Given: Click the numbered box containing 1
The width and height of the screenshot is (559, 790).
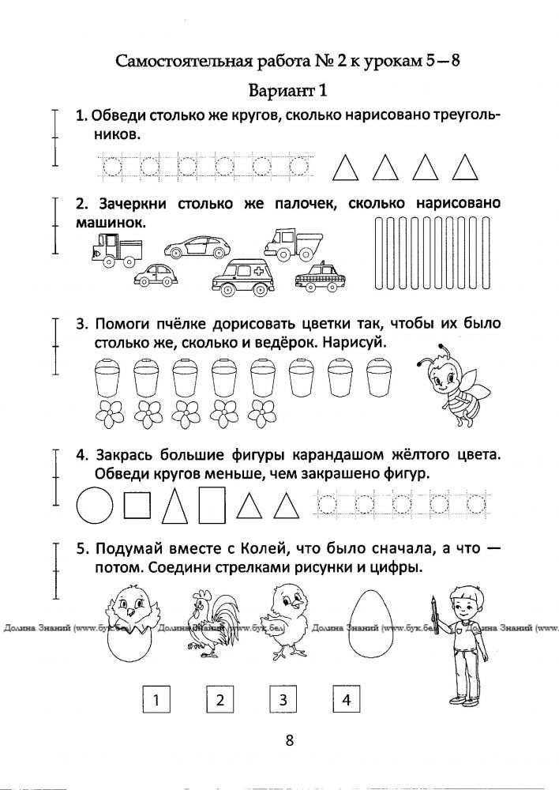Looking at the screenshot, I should [x=157, y=699].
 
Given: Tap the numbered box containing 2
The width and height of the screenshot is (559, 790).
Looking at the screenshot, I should [x=220, y=699].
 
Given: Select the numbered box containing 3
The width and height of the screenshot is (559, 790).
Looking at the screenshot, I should [x=283, y=699].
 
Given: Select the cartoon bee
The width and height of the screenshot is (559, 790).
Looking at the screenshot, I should [x=446, y=383].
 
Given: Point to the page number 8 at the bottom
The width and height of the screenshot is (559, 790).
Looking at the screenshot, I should [x=289, y=741].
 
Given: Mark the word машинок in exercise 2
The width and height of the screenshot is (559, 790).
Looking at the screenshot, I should [x=111, y=224].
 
